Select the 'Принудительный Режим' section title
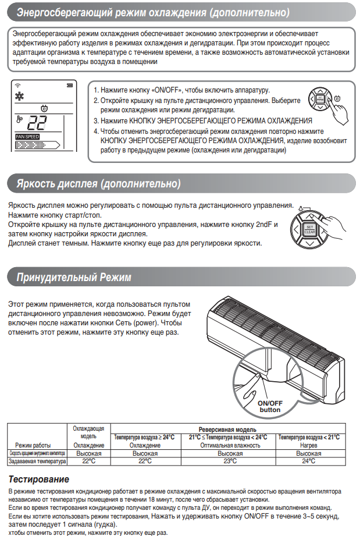pos(74,276)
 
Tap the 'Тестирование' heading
pos(39,479)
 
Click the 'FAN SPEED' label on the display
pos(27,136)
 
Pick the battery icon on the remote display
pos(70,86)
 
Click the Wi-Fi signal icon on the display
pos(17,86)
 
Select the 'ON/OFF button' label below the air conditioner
pos(269,406)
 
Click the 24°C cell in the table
pos(309,461)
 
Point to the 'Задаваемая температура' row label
pos(37,461)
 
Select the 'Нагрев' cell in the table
pos(308,445)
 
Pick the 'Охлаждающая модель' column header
pos(89,432)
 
